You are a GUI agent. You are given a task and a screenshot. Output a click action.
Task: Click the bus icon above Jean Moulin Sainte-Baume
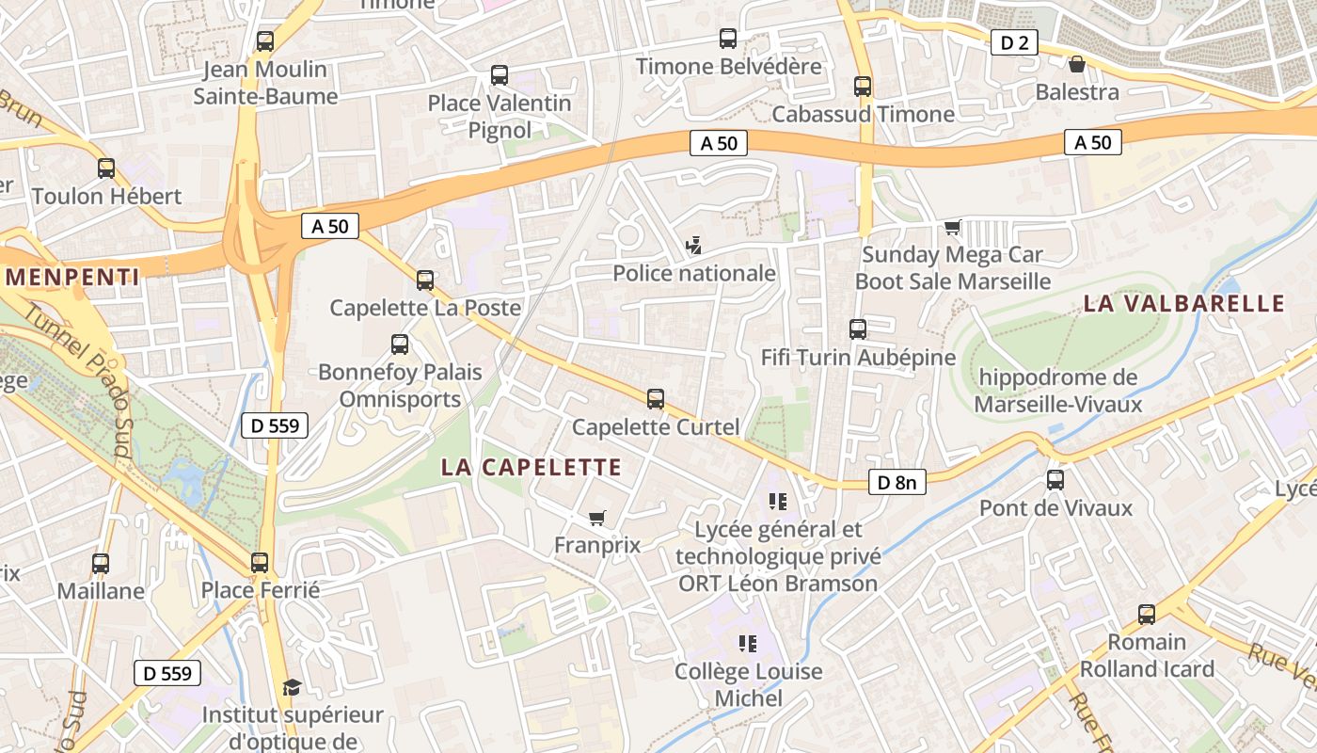pos(265,41)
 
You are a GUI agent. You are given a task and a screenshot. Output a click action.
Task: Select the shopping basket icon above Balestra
pos(1077,64)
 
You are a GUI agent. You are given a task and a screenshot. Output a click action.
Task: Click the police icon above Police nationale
pos(693,246)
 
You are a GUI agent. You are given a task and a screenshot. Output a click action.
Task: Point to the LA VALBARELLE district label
pos(1183,303)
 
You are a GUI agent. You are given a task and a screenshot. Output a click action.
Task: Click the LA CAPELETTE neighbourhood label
pos(532,467)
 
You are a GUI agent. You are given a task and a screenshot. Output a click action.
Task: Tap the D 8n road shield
pos(896,483)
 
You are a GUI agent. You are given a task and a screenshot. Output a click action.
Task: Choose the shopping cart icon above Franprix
pos(596,518)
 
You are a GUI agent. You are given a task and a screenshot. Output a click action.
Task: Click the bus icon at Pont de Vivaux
pos(1055,480)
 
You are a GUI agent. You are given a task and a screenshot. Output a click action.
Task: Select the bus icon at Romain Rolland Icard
pos(1147,615)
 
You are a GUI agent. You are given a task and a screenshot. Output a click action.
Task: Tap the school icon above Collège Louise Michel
pos(748,644)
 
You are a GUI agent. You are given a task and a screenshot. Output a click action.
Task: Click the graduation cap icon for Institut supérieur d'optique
pos(292,687)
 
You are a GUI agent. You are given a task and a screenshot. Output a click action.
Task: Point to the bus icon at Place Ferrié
pos(260,563)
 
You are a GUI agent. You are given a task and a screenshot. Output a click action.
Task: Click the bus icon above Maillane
pos(101,564)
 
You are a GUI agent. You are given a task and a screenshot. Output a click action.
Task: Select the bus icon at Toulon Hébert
pos(106,168)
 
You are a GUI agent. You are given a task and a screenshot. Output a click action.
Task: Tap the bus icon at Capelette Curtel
pos(656,399)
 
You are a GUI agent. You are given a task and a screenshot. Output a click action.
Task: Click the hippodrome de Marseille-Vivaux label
pos(1057,391)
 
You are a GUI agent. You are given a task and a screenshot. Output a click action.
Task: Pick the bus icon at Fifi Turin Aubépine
pos(858,329)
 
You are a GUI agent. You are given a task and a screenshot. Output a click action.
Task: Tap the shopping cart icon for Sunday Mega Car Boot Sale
pos(953,227)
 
